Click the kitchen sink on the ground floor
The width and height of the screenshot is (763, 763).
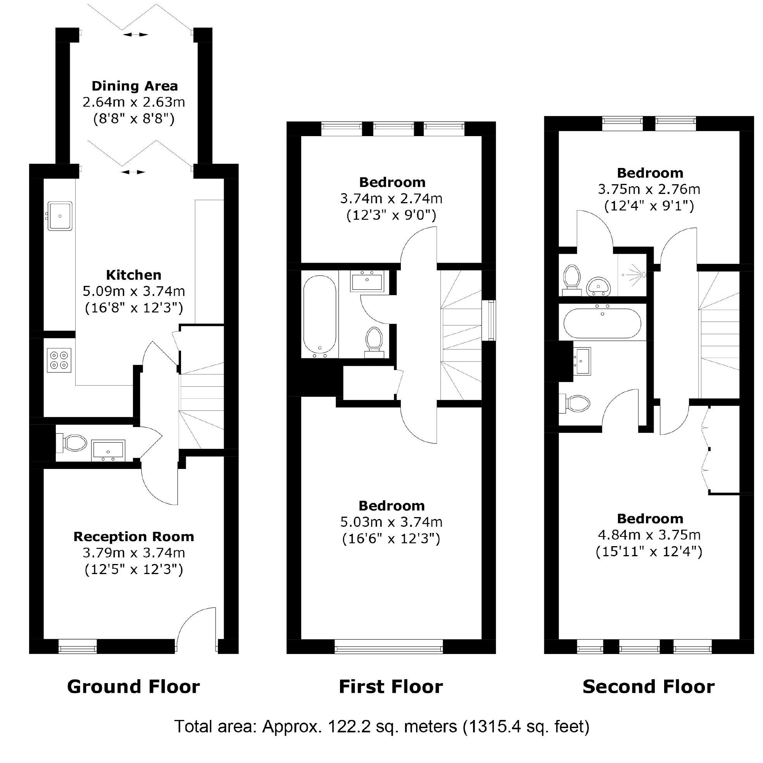click(60, 216)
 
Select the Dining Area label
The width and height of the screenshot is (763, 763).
click(135, 86)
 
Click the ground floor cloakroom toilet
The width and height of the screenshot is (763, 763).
click(74, 443)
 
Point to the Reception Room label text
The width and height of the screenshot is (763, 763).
click(134, 536)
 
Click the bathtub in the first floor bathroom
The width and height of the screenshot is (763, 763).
click(319, 315)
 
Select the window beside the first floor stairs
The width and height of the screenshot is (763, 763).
click(491, 320)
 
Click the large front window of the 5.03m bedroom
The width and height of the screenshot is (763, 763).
click(388, 649)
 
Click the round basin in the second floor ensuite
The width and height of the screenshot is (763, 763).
click(599, 286)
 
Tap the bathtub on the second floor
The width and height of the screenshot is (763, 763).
click(602, 323)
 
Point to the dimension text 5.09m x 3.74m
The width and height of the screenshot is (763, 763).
click(134, 291)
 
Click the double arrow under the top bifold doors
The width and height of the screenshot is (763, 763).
click(135, 35)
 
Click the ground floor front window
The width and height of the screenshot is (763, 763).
click(78, 648)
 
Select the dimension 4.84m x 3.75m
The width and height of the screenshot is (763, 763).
click(649, 535)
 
